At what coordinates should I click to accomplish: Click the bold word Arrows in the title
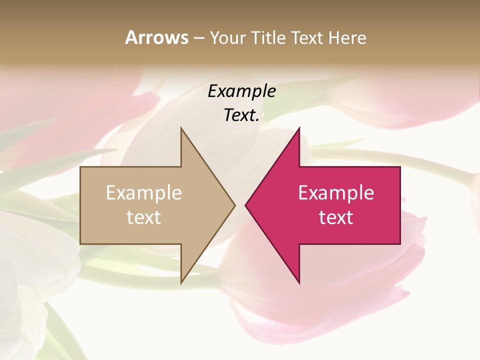pos(156,37)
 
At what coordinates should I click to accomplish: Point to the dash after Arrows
pos(198,38)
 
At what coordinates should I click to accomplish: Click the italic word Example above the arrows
pos(242,91)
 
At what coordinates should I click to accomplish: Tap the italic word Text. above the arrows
pos(242,115)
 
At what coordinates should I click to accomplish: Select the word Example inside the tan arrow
pos(144,193)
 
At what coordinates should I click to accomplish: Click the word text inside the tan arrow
pos(144,217)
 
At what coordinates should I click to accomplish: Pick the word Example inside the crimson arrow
pos(336,193)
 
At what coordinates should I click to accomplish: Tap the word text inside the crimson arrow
pos(336,217)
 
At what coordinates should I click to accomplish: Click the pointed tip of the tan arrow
pos(235,205)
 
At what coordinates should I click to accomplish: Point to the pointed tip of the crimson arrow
pos(245,205)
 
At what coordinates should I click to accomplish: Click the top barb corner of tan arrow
pos(181,128)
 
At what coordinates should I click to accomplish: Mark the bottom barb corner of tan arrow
pos(181,283)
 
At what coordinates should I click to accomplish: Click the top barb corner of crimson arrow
pos(299,128)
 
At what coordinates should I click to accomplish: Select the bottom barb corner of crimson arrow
pos(299,283)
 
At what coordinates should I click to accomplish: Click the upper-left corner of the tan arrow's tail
pos(80,167)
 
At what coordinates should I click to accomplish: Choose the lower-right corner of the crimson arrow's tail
pos(400,244)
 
